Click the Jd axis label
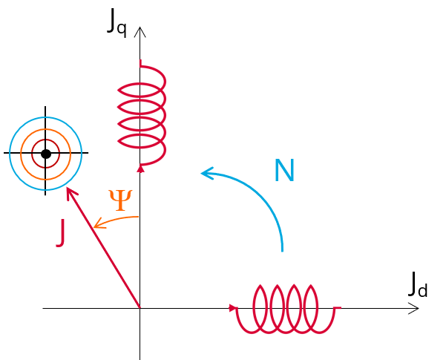click(418, 285)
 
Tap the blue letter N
click(284, 171)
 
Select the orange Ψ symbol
click(120, 199)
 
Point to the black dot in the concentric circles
click(46, 154)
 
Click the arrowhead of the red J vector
click(69, 192)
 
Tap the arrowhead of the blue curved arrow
click(206, 174)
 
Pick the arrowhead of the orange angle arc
click(97, 223)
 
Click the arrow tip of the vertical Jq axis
click(140, 30)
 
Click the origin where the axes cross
click(140, 308)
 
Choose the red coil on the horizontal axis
click(286, 308)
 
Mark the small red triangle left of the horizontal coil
click(233, 308)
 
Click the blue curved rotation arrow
click(263, 194)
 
